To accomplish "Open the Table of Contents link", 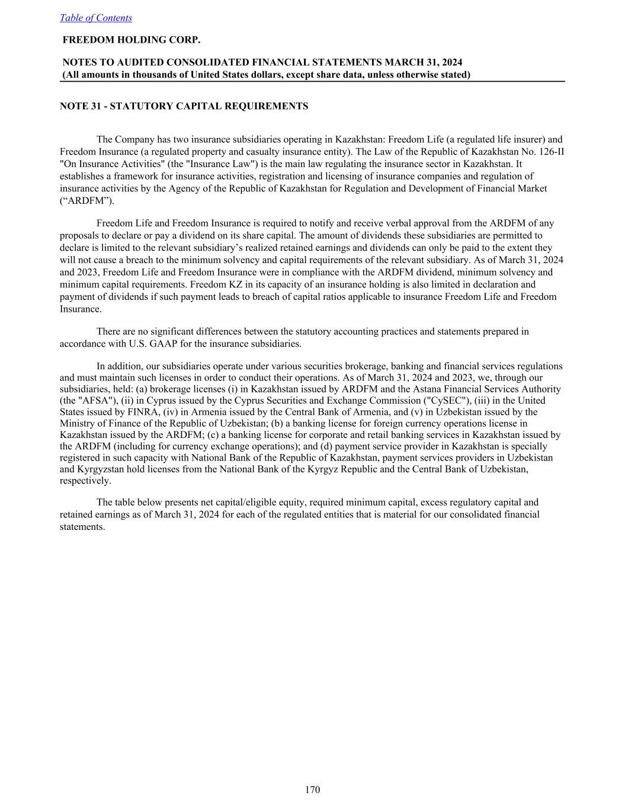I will [96, 18].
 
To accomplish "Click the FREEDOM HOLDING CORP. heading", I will [132, 40].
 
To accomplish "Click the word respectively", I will [85, 481].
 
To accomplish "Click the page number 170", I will [312, 789].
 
